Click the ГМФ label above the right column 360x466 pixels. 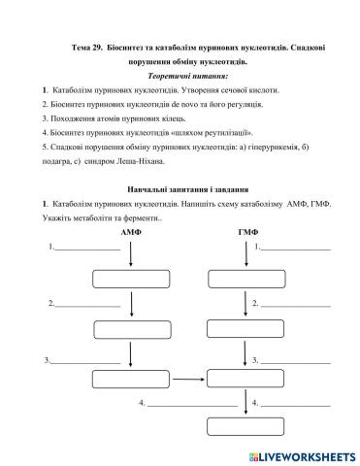coord(247,234)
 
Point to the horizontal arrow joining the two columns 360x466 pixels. coord(188,377)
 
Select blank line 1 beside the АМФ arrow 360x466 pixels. coord(89,250)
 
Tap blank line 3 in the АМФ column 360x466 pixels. coord(85,363)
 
